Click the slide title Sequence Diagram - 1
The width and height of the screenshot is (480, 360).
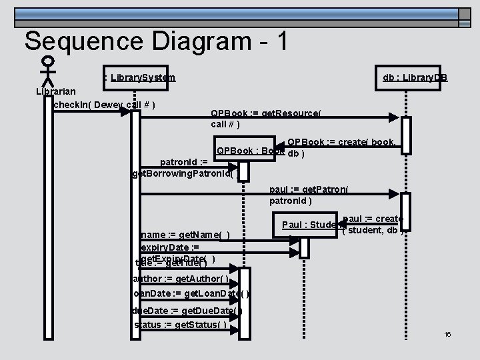click(x=157, y=41)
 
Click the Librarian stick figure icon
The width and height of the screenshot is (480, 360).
click(x=47, y=69)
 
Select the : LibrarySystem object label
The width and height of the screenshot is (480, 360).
click(x=139, y=78)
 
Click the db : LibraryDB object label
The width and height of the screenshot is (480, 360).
click(x=415, y=78)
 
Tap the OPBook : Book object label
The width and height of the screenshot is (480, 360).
click(x=251, y=151)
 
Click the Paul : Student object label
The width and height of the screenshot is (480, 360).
click(x=311, y=224)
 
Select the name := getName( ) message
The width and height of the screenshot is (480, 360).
click(x=185, y=235)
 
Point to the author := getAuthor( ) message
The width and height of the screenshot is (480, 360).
click(x=181, y=278)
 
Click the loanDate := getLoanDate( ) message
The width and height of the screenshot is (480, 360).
click(x=192, y=293)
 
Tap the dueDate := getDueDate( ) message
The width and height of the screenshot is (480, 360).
click(x=187, y=311)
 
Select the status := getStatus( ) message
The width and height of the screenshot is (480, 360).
click(x=180, y=325)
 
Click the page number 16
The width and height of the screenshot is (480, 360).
click(x=448, y=333)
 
